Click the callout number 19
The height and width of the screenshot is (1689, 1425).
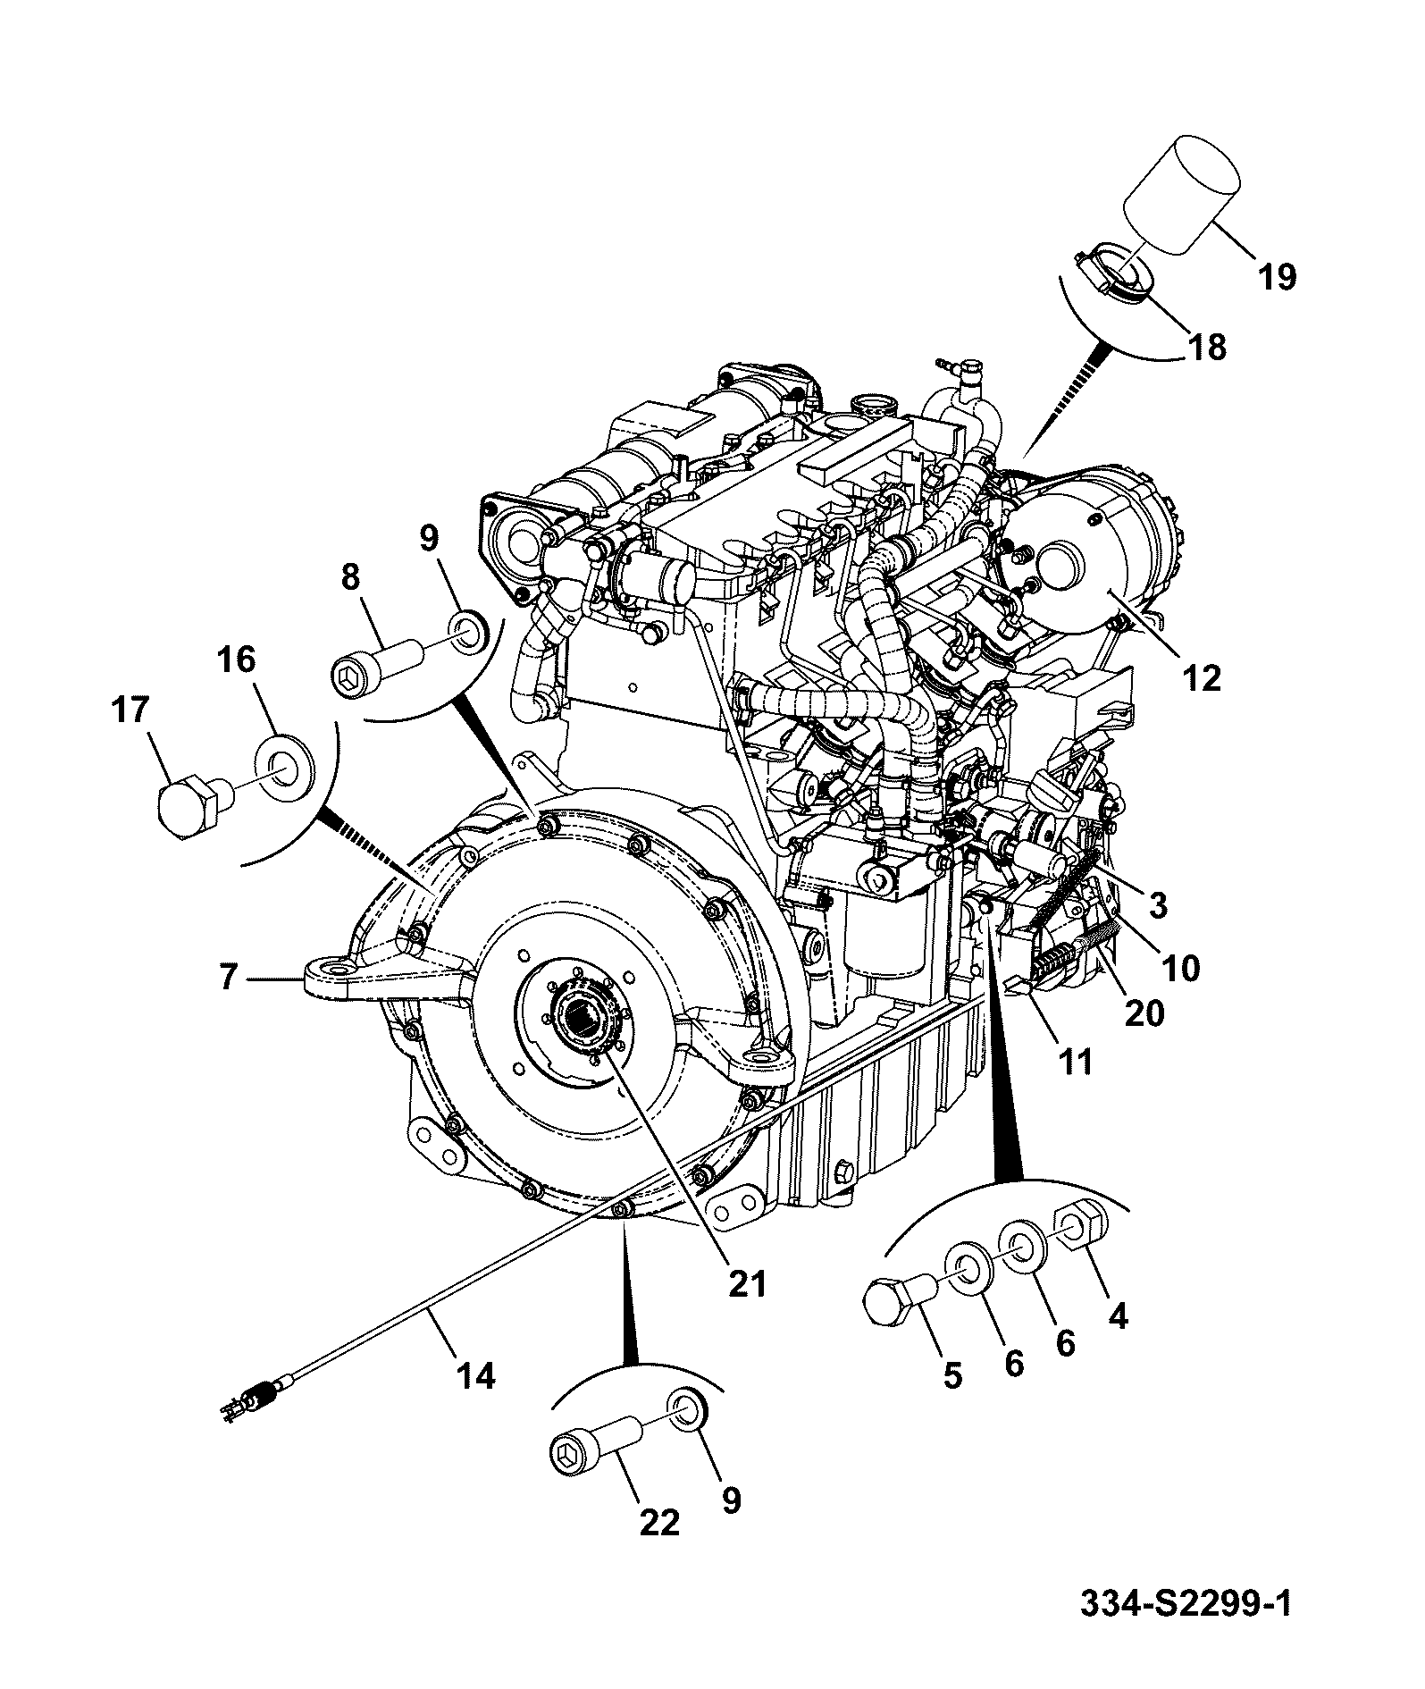click(x=1277, y=278)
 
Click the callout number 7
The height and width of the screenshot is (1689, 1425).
click(x=228, y=978)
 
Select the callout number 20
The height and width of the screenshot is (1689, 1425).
click(x=1144, y=1013)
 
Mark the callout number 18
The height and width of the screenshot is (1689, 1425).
click(x=1207, y=347)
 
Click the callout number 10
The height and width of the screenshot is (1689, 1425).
click(x=1181, y=968)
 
